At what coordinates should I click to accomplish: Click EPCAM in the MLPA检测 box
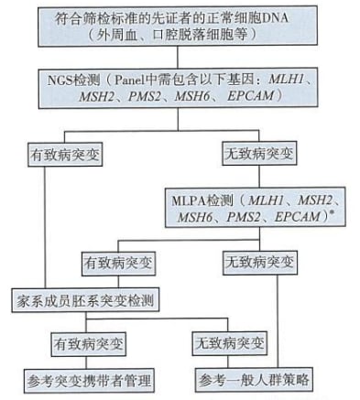point(295,217)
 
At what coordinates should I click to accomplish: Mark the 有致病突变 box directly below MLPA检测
point(121,262)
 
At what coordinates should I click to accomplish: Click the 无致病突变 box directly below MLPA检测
point(259,262)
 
